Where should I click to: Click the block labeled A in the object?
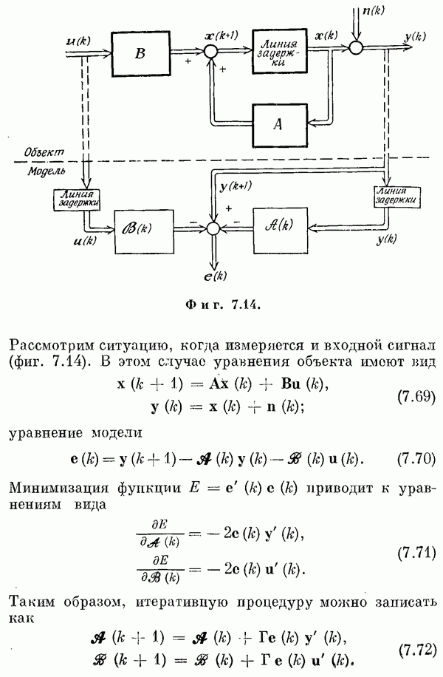coord(278,124)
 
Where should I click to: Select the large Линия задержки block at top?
coord(279,52)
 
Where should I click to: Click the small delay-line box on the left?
coord(77,197)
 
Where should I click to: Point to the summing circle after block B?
coord(213,51)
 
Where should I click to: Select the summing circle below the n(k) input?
coord(357,47)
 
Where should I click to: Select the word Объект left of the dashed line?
coord(44,151)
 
